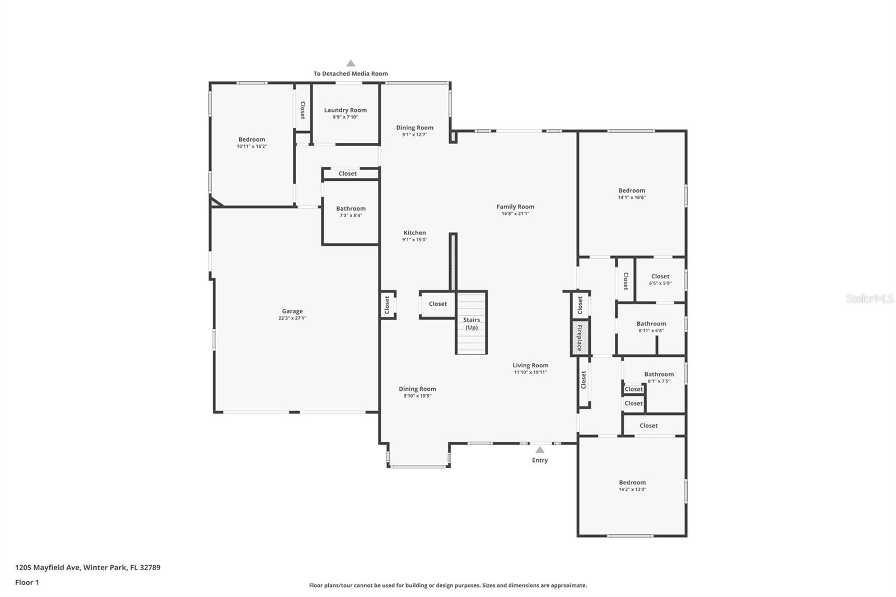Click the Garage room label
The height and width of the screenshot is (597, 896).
click(292, 311)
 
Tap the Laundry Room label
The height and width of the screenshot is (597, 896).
click(345, 110)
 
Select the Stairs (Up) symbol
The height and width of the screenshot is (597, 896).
click(471, 323)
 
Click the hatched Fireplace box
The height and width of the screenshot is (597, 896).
click(580, 338)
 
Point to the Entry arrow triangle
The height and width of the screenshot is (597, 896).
click(539, 450)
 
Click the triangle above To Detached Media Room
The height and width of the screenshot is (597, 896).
click(351, 63)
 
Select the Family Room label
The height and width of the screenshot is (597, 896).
click(515, 207)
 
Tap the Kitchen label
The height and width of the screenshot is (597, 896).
click(414, 233)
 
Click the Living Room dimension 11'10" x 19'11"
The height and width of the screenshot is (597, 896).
click(530, 372)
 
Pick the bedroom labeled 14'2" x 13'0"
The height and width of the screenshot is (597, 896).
click(632, 485)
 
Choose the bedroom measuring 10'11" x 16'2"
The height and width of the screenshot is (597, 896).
click(251, 142)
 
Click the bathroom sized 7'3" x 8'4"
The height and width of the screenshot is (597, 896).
click(351, 211)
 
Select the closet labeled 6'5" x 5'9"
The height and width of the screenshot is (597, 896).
click(660, 279)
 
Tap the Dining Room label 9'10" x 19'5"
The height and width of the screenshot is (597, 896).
click(417, 391)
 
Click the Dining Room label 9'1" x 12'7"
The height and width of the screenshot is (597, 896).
click(414, 130)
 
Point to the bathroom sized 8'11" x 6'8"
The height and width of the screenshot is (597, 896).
click(651, 327)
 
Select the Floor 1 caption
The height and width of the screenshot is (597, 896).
click(27, 582)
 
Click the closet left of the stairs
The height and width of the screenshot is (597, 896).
click(437, 304)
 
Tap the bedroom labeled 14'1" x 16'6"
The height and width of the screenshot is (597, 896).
click(632, 193)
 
